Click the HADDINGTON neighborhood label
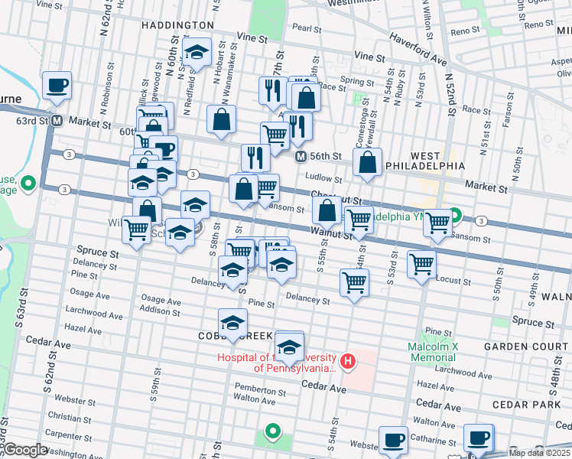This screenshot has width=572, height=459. [175, 25]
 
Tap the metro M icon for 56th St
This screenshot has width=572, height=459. [301, 156]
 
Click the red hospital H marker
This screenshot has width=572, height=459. [348, 360]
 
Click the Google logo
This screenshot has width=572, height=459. [24, 450]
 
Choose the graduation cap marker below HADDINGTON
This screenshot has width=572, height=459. [197, 54]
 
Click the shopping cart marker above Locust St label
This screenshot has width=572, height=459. [422, 264]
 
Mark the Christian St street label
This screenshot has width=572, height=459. [69, 418]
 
